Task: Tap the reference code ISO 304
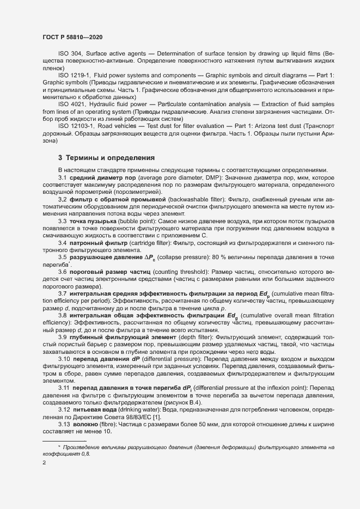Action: point(70,54)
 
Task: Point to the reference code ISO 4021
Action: point(71,103)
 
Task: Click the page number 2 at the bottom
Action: point(43,463)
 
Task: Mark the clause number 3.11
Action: point(64,387)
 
